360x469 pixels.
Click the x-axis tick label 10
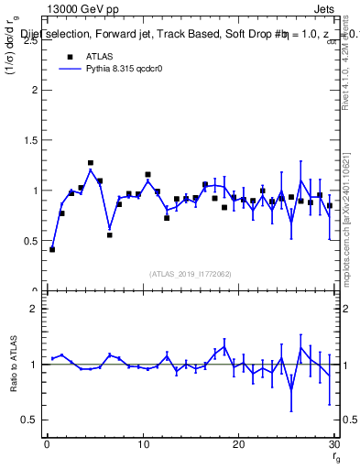coord(142,445)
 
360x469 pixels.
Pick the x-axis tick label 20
coord(238,445)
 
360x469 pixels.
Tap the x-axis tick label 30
coord(333,445)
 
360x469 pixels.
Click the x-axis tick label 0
coord(47,445)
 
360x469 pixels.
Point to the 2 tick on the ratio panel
coord(34,309)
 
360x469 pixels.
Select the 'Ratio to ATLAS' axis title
coord(14,365)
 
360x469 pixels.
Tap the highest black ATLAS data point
coord(91,163)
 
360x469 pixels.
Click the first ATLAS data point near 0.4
coord(52,249)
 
